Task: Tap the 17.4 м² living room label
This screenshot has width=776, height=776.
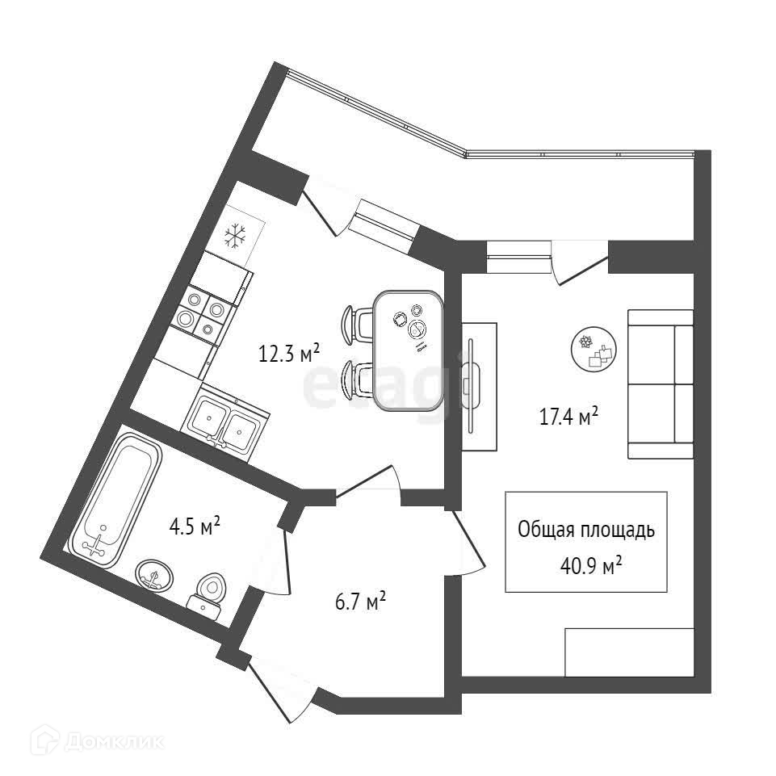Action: tap(568, 417)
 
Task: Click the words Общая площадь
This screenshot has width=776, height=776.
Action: tap(585, 531)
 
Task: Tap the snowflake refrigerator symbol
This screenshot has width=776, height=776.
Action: tap(234, 236)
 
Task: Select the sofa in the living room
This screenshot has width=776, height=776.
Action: tap(660, 384)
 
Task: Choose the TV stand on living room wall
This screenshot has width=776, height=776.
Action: tap(479, 386)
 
